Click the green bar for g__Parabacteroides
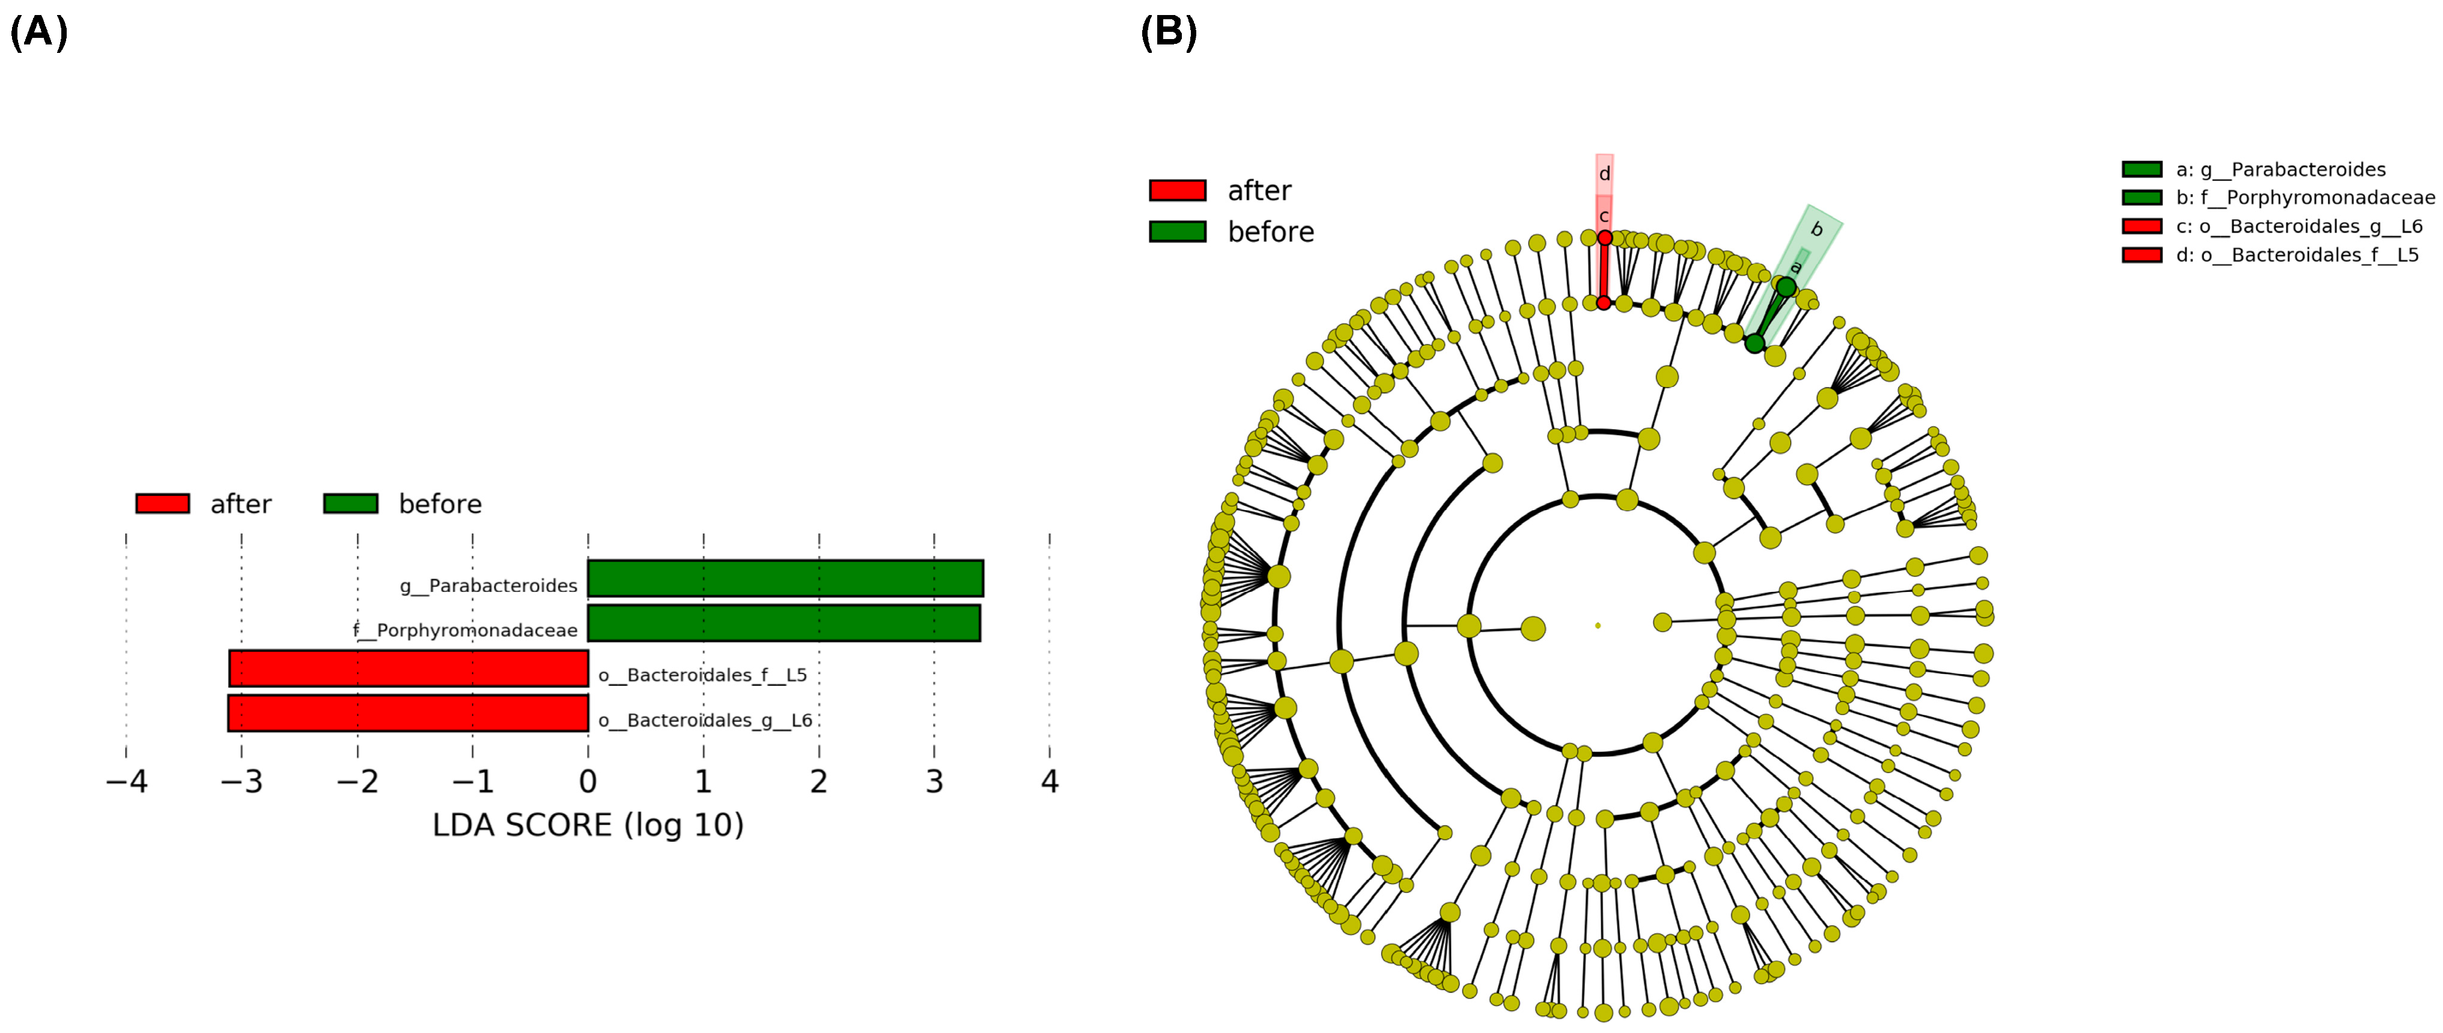tap(785, 579)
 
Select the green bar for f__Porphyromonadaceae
tap(783, 623)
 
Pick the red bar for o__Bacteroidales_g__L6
tap(408, 713)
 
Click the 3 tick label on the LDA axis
tap(934, 782)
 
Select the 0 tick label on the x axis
tap(588, 782)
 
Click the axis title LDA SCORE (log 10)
tap(588, 825)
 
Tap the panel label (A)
tap(39, 32)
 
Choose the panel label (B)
tap(1169, 32)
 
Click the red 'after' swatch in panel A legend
tap(162, 503)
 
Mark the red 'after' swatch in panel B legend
tap(1177, 190)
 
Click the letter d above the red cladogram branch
tap(1605, 174)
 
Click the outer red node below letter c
tap(1605, 238)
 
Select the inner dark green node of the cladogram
tap(1754, 343)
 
